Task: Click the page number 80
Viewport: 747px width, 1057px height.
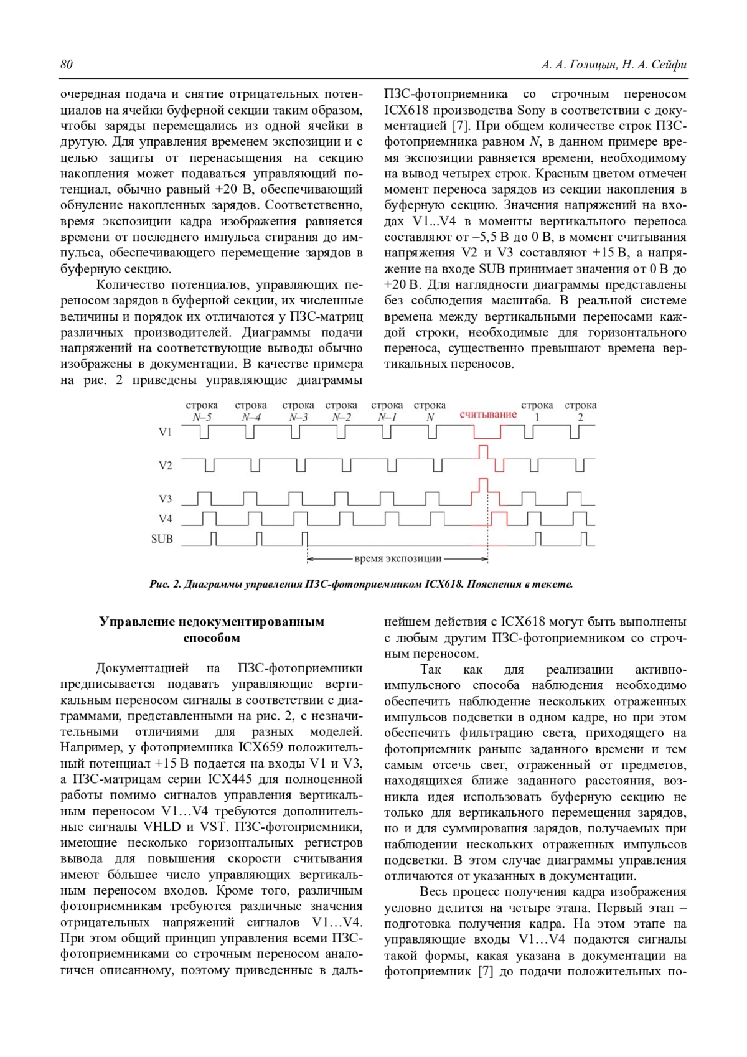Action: click(67, 65)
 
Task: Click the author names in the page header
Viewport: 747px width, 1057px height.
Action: click(614, 65)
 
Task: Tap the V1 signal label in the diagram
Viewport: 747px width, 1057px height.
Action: click(165, 431)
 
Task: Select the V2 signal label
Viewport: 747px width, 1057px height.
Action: click(165, 465)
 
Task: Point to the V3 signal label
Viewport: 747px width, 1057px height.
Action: click(165, 499)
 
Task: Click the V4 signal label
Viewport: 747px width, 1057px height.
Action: click(165, 519)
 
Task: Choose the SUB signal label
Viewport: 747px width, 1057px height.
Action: click(162, 539)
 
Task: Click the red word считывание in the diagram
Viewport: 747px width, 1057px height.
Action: click(488, 415)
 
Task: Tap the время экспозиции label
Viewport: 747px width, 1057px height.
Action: click(398, 559)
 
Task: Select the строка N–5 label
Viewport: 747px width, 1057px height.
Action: click(202, 411)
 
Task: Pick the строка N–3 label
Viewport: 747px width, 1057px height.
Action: click(298, 411)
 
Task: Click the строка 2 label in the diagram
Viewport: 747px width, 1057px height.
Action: click(580, 411)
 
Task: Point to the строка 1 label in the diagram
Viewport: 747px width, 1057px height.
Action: click(537, 411)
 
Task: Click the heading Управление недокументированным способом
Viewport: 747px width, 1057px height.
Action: click(212, 629)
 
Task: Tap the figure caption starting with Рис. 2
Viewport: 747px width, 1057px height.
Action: click(361, 584)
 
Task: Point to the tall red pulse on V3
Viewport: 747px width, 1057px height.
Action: click(482, 485)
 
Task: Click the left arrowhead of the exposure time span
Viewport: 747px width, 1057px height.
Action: click(309, 559)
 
